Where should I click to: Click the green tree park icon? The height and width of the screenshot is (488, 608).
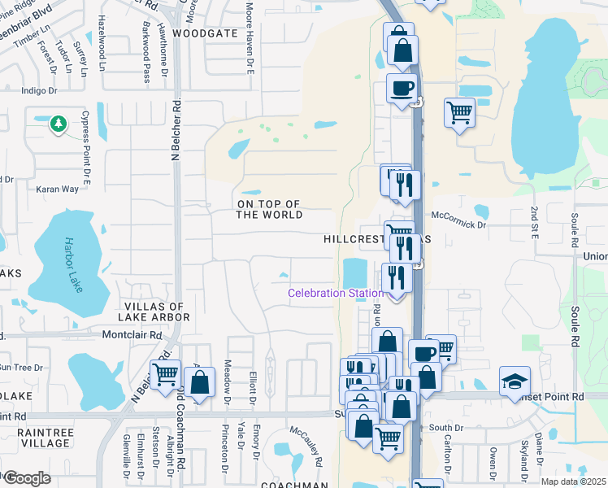tap(58, 123)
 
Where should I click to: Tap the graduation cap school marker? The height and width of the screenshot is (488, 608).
tap(514, 381)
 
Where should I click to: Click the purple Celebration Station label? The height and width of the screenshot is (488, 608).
tap(337, 293)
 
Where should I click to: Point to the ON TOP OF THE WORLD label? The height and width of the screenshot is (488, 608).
tap(269, 209)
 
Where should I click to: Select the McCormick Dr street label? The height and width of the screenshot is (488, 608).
tap(459, 216)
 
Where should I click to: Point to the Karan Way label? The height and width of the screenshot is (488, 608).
tap(57, 189)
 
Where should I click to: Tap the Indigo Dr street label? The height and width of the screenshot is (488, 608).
tap(40, 91)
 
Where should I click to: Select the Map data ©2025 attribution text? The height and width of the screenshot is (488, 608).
tap(573, 481)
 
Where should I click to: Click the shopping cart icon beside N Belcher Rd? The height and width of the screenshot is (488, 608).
tap(165, 375)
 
